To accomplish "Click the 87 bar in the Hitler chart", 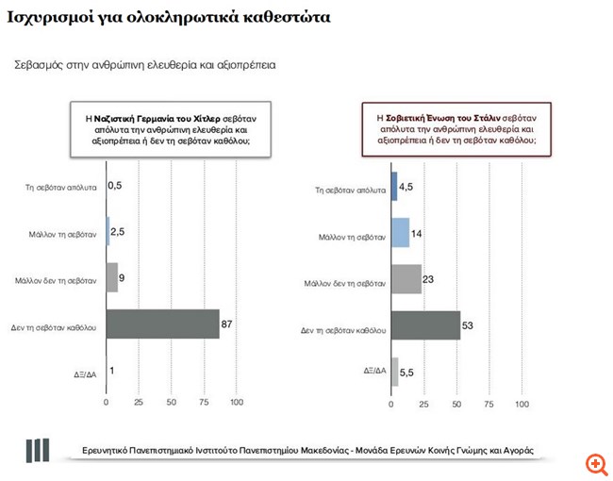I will (162, 323).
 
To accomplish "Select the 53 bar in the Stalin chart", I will (425, 324).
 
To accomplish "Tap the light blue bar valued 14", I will (400, 232).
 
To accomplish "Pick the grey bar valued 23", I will (406, 278).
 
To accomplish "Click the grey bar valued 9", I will (111, 277).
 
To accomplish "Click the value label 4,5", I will (408, 186).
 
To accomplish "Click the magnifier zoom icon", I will (596, 464).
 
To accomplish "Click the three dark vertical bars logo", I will (38, 450).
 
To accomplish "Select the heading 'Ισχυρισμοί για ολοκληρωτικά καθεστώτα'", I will (169, 17).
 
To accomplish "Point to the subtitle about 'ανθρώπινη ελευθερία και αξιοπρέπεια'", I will (144, 65).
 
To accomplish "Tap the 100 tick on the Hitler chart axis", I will (237, 403).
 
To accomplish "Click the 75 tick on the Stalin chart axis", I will (489, 404).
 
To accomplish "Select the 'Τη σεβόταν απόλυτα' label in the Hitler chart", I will (61, 187).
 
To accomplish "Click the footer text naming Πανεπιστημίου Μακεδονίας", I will (307, 450).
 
